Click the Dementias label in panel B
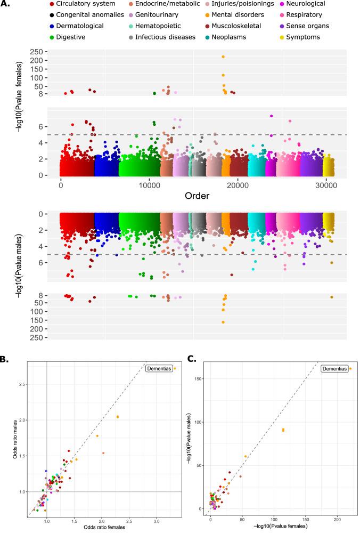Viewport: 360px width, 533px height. click(x=157, y=368)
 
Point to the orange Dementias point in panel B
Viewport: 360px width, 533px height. click(x=174, y=368)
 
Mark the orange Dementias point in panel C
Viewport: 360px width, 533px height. click(x=350, y=368)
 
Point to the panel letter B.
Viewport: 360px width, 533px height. click(x=4, y=360)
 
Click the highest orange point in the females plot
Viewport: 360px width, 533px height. click(x=223, y=56)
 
